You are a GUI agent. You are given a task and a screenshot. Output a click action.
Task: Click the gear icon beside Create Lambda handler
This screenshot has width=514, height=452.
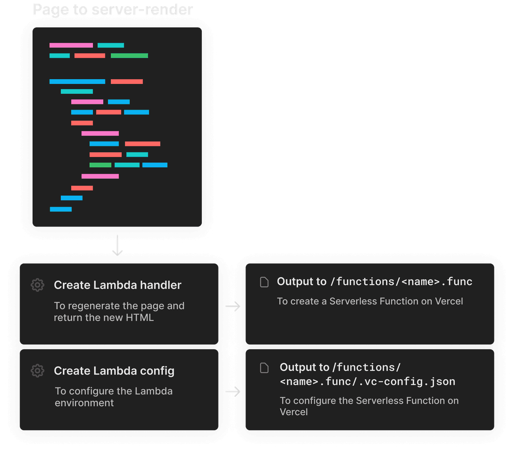[x=38, y=285]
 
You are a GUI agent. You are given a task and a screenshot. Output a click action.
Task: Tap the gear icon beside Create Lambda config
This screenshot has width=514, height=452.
[x=38, y=371]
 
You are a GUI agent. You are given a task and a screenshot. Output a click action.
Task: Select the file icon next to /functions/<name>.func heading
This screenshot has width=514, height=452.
[x=265, y=282]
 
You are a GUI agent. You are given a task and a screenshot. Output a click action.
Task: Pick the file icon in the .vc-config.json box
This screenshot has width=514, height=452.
[x=265, y=368]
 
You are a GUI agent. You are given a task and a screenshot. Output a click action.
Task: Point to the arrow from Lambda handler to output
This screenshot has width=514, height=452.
[x=233, y=306]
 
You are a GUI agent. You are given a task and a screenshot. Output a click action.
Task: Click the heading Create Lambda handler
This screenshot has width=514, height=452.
[x=117, y=285]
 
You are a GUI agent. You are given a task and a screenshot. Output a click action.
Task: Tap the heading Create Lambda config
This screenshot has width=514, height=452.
[x=114, y=371]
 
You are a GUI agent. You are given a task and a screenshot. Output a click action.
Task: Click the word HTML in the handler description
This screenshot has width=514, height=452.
[x=140, y=318]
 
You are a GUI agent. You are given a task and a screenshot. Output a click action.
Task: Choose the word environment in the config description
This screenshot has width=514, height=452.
[x=84, y=403]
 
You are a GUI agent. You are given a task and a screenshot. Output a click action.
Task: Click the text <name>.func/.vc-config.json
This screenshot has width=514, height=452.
[x=367, y=381]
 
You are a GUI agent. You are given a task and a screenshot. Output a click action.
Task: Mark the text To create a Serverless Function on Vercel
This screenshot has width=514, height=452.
[x=370, y=301]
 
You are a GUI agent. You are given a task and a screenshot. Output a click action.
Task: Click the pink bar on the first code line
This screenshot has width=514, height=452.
[x=71, y=45]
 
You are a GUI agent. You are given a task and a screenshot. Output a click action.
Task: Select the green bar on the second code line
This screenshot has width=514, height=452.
[x=129, y=56]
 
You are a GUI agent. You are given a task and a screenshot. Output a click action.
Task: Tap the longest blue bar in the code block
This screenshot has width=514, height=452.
[x=77, y=81]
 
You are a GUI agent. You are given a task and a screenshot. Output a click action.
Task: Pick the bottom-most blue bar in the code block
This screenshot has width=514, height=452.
[x=61, y=209]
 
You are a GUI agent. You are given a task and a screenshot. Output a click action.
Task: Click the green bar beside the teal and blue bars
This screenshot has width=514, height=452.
[x=100, y=165]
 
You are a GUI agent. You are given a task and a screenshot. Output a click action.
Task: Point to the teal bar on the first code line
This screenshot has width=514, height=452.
[x=111, y=45]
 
